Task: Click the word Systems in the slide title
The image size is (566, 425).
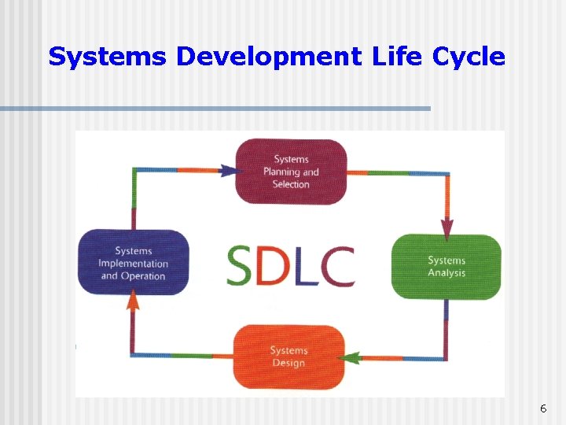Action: click(x=108, y=57)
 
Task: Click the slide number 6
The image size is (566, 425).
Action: click(x=542, y=408)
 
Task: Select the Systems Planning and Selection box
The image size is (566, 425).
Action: click(x=291, y=172)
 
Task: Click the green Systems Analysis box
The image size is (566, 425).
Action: click(x=446, y=267)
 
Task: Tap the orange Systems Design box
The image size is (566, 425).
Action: click(x=289, y=357)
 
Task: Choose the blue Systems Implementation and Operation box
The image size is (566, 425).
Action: click(x=133, y=263)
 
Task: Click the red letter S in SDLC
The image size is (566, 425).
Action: click(x=241, y=266)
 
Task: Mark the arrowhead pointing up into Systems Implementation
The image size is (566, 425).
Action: click(x=133, y=299)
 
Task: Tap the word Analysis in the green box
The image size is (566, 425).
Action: click(x=447, y=273)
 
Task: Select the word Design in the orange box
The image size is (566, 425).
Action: click(x=289, y=363)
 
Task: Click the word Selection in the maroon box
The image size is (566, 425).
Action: click(x=291, y=184)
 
